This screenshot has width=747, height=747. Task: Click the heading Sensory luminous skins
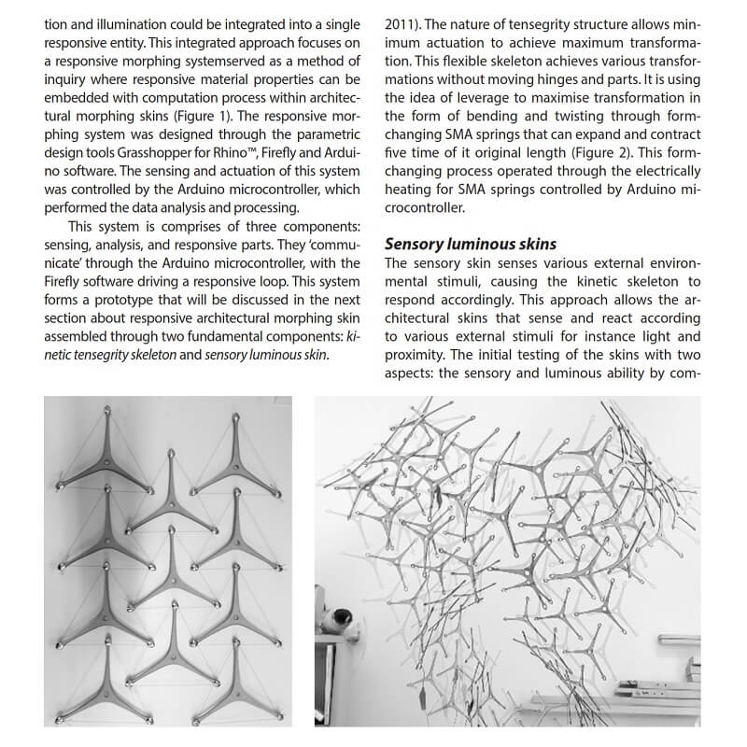[471, 245]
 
